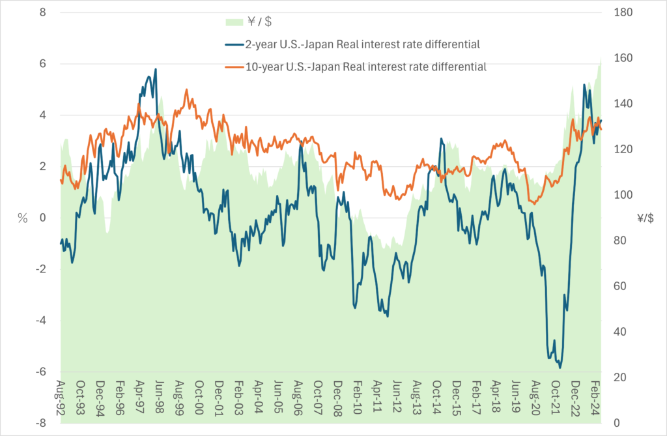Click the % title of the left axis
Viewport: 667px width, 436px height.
(23, 219)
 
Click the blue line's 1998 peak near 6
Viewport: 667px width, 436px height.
(155, 69)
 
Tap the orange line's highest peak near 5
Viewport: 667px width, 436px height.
(186, 90)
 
